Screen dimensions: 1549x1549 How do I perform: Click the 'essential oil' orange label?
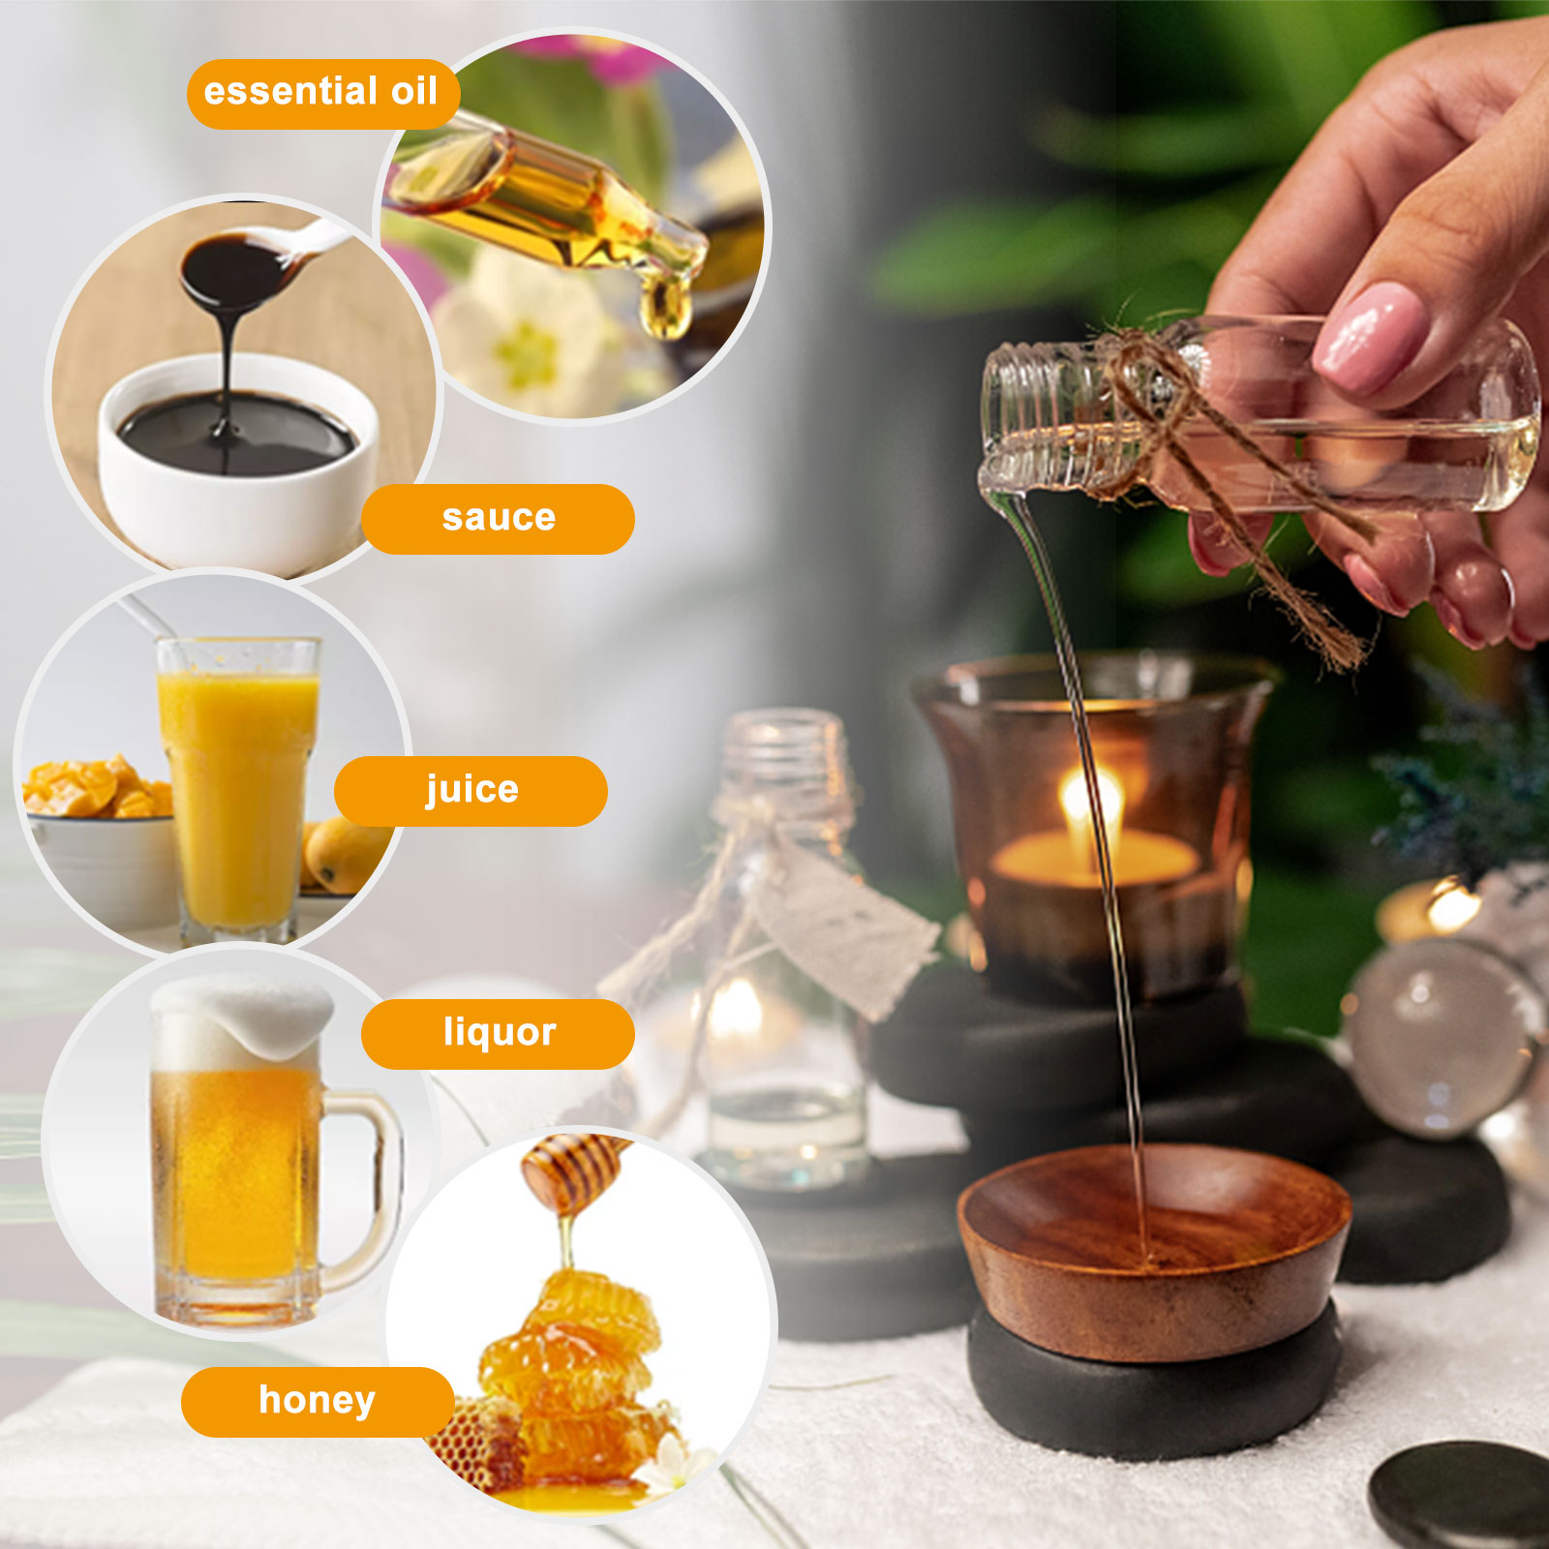pos(322,94)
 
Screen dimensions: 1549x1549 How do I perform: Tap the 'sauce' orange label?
pos(498,519)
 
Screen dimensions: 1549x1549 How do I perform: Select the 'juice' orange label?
pos(471,791)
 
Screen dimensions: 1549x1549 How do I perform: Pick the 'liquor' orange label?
pos(498,1034)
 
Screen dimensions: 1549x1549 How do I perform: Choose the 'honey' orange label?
pos(318,1402)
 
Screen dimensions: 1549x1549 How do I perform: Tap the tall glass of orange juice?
pos(238,789)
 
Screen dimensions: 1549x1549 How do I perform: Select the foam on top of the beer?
pos(242,1021)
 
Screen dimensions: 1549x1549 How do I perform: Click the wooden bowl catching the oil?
pos(1152,1249)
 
